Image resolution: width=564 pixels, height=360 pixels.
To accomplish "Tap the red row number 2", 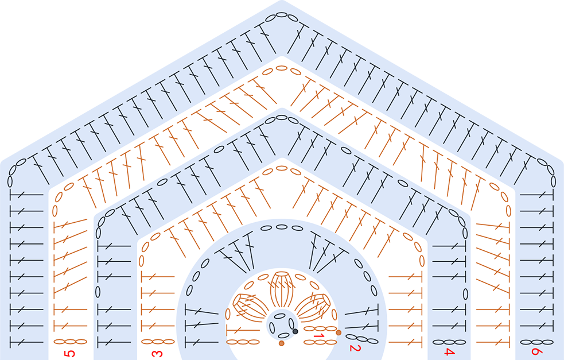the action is [x=355, y=348].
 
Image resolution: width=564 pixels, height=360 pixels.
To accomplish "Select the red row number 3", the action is [x=157, y=354].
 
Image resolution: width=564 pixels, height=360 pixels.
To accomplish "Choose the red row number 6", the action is [x=536, y=351].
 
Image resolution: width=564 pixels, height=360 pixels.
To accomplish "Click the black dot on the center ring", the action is [x=295, y=331].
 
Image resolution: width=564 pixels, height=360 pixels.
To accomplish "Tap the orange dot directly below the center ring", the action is [x=281, y=343].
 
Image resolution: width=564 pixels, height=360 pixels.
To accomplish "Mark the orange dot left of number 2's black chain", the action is [x=339, y=332].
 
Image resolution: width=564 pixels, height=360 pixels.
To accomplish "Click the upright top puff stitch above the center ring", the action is [x=282, y=289].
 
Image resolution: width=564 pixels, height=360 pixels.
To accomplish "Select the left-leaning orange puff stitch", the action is [x=250, y=306].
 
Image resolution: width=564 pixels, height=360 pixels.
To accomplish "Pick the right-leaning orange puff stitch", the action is [x=313, y=306].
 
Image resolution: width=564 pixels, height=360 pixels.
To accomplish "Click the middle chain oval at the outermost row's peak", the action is [x=282, y=15].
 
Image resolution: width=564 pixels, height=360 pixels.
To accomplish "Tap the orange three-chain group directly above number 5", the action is [x=70, y=341].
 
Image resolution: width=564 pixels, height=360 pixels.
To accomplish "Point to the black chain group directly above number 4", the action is [x=449, y=342].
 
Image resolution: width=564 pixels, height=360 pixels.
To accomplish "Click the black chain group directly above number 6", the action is [x=536, y=342].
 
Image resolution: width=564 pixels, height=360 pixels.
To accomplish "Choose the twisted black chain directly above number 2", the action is [x=361, y=338].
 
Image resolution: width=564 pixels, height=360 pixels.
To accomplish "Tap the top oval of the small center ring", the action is [x=280, y=316].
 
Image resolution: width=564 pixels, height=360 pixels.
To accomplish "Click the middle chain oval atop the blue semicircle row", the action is [x=282, y=227].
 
